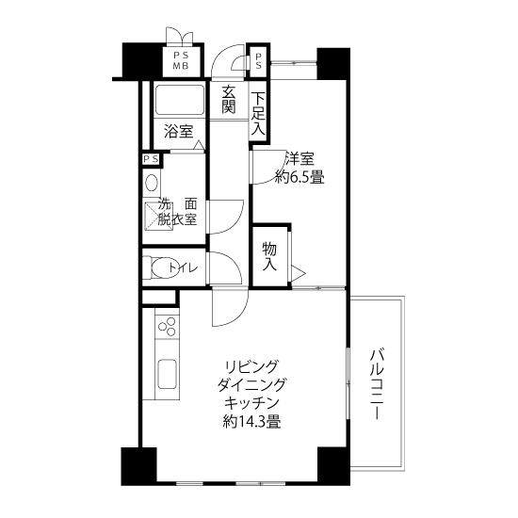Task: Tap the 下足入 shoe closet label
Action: (258, 114)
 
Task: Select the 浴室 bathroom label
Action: (179, 132)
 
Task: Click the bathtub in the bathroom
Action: (180, 101)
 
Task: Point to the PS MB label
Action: (181, 61)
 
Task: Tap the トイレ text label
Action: (183, 267)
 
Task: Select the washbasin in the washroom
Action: (152, 183)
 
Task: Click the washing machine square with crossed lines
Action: (159, 216)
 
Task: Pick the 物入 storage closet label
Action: (269, 257)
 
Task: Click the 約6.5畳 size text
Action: (299, 178)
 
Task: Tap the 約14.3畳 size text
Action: (251, 422)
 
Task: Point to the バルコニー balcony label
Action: (377, 384)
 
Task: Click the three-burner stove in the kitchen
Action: (167, 327)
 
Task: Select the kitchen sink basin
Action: (167, 374)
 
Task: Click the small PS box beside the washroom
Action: (151, 159)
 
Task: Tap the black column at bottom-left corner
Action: (138, 466)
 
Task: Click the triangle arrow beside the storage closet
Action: (299, 273)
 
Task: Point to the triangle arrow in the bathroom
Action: (198, 145)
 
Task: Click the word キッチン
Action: (251, 403)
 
